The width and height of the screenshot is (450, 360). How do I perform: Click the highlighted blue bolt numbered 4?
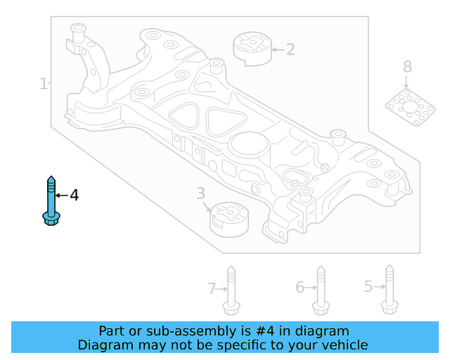click(x=51, y=200)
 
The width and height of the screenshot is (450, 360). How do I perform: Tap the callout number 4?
click(x=75, y=195)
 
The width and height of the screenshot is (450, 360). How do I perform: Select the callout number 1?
click(x=44, y=84)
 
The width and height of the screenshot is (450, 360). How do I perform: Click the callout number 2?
click(x=290, y=49)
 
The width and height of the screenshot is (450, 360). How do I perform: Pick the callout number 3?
click(x=200, y=193)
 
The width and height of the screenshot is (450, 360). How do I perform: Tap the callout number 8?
click(x=407, y=67)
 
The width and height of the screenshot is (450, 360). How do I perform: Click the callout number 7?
click(x=212, y=288)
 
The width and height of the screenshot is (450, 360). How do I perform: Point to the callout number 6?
click(x=300, y=288)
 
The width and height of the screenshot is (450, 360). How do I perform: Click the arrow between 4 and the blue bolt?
click(x=61, y=195)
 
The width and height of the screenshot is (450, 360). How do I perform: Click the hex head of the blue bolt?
click(x=51, y=219)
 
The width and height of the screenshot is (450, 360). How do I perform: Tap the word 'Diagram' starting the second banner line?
click(x=103, y=345)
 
